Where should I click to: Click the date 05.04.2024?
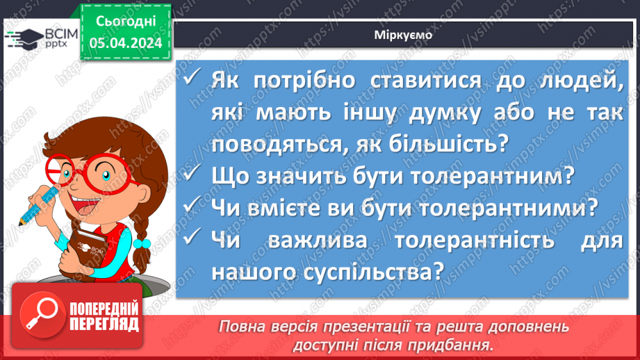click(x=126, y=42)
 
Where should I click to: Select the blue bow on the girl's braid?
click(x=143, y=244)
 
